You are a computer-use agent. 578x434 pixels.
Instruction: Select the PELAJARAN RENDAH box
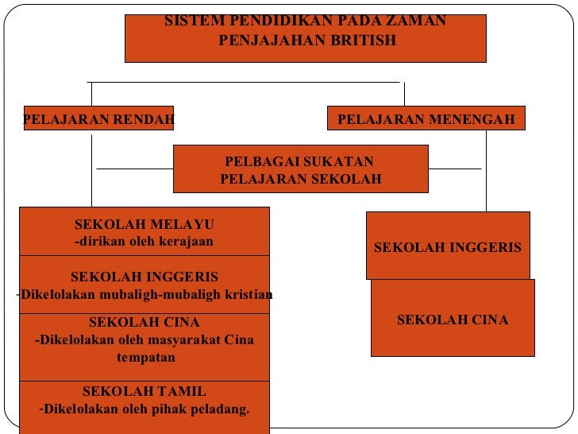pyautogui.click(x=98, y=119)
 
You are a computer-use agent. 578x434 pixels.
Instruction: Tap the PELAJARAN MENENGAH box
pyautogui.click(x=426, y=120)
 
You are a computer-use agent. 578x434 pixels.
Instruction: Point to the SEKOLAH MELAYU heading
pyautogui.click(x=144, y=225)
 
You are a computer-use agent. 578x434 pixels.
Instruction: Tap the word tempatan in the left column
pyautogui.click(x=145, y=358)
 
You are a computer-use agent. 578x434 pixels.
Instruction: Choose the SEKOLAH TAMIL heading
pyautogui.click(x=144, y=392)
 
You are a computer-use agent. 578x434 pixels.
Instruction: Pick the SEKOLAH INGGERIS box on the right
pyautogui.click(x=448, y=247)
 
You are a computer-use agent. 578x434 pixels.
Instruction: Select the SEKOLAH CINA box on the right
pyautogui.click(x=453, y=320)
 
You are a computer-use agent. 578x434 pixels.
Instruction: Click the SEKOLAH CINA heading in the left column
pyautogui.click(x=144, y=323)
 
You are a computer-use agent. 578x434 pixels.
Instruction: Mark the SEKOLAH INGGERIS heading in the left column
pyautogui.click(x=144, y=277)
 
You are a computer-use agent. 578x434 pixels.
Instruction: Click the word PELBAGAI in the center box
pyautogui.click(x=257, y=162)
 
